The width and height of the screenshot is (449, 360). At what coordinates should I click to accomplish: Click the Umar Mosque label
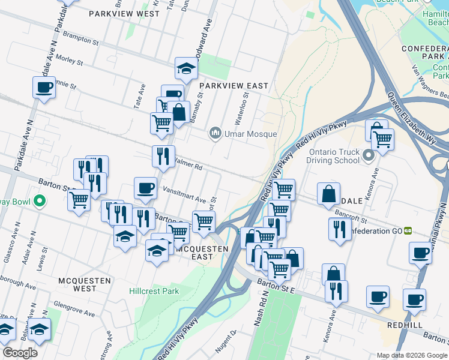pyautogui.click(x=251, y=134)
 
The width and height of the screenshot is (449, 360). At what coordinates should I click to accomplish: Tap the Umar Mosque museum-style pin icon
pyautogui.click(x=215, y=133)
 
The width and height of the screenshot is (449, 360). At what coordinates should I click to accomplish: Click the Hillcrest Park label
pyautogui.click(x=154, y=291)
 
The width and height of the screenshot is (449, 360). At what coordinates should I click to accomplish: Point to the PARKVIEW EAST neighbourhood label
pyautogui.click(x=234, y=86)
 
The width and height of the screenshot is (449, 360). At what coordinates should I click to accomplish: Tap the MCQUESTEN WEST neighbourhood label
pyautogui.click(x=77, y=284)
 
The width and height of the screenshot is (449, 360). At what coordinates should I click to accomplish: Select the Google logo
pyautogui.click(x=20, y=353)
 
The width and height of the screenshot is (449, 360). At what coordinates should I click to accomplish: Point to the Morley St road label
pyautogui.click(x=69, y=60)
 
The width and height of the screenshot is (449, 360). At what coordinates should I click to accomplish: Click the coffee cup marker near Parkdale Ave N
pyautogui.click(x=44, y=88)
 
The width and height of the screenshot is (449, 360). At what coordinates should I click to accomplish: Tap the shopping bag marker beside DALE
pyautogui.click(x=329, y=194)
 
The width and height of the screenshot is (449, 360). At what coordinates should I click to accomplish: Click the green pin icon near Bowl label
pyautogui.click(x=40, y=201)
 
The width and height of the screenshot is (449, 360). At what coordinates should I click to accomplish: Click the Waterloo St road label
pyautogui.click(x=246, y=104)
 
